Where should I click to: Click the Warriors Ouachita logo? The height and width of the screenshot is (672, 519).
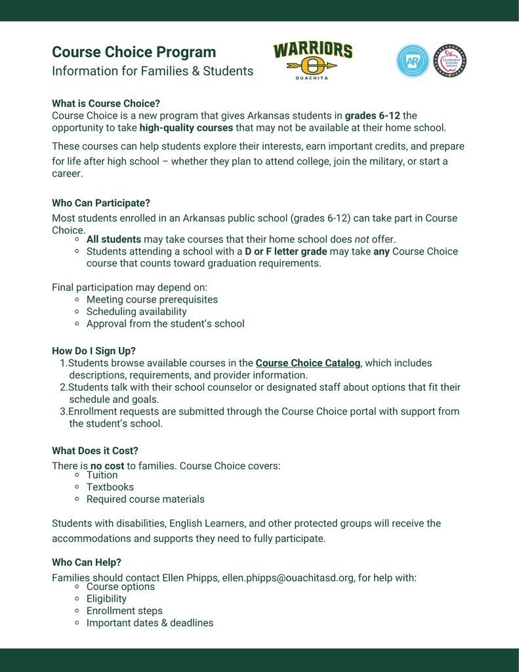pyautogui.click(x=312, y=61)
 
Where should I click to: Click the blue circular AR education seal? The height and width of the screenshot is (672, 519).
pyautogui.click(x=412, y=61)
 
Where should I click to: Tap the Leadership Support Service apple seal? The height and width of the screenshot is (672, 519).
pyautogui.click(x=449, y=61)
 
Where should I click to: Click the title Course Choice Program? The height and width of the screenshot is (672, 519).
pyautogui.click(x=134, y=52)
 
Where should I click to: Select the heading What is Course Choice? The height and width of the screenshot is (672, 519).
pyautogui.click(x=106, y=104)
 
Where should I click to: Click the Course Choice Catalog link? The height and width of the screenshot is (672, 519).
pyautogui.click(x=308, y=363)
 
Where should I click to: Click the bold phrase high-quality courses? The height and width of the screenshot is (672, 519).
pyautogui.click(x=186, y=128)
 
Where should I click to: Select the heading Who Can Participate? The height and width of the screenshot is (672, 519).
pyautogui.click(x=101, y=203)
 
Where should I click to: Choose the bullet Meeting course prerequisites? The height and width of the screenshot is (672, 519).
pyautogui.click(x=152, y=299)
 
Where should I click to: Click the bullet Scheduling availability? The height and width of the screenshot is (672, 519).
pyautogui.click(x=136, y=312)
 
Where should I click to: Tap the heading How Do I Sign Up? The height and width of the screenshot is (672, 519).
pyautogui.click(x=94, y=351)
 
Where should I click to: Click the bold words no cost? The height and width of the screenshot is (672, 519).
pyautogui.click(x=107, y=466)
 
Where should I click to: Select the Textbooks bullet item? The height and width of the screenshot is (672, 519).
pyautogui.click(x=110, y=487)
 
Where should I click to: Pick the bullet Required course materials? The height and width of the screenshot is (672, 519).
pyautogui.click(x=145, y=499)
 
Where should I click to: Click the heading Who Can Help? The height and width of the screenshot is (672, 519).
pyautogui.click(x=87, y=562)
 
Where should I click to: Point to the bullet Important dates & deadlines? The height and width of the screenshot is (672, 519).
pyautogui.click(x=150, y=623)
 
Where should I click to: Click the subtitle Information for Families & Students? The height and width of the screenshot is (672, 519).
pyautogui.click(x=152, y=71)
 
